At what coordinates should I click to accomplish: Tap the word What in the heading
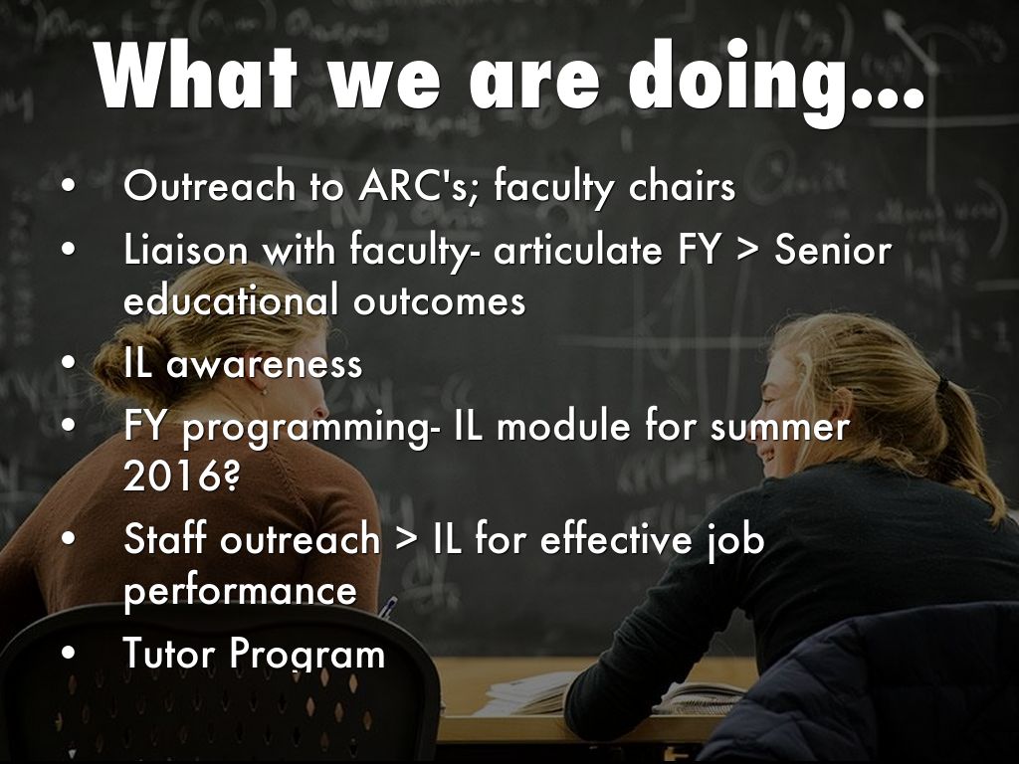[x=196, y=74]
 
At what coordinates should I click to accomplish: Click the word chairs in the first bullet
[x=682, y=185]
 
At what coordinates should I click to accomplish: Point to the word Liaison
[x=186, y=249]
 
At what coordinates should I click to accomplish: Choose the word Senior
[x=833, y=249]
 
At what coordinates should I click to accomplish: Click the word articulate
[x=577, y=249]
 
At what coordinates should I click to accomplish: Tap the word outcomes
[x=439, y=300]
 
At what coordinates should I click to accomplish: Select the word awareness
[x=264, y=364]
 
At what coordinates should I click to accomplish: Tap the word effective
[x=616, y=538]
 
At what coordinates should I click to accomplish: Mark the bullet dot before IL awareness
[x=69, y=363]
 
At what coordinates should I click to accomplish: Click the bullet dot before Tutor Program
[x=69, y=653]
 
